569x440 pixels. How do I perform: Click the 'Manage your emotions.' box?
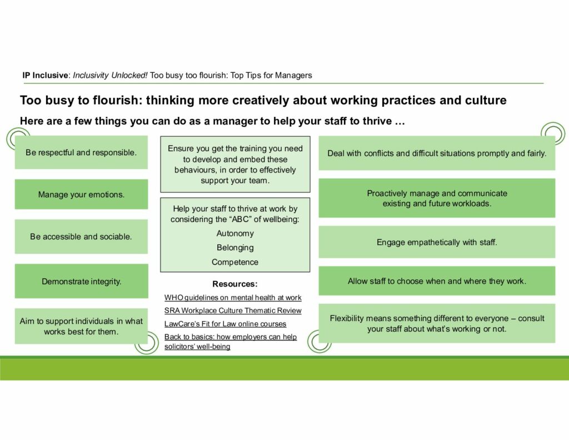pos(81,194)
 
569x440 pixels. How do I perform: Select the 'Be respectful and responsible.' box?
pos(81,152)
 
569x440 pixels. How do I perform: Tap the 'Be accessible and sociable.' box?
pos(81,236)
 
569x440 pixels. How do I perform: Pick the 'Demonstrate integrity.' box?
pos(81,281)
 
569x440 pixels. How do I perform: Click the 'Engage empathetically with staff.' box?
pos(437,242)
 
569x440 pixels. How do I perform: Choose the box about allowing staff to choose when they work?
pos(437,281)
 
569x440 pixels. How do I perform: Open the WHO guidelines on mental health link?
pos(233,298)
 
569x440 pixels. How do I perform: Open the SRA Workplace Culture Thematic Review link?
pos(233,310)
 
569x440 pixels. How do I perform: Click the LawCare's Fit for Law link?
pos(225,324)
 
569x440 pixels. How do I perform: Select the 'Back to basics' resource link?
pos(231,342)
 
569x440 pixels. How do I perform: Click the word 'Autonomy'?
pos(235,233)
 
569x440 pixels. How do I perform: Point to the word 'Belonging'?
pos(235,248)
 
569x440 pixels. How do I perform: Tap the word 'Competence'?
pos(235,262)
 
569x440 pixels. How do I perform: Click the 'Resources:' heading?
pos(235,284)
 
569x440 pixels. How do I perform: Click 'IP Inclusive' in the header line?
pos(45,75)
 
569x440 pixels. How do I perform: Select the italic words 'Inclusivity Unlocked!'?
pos(110,75)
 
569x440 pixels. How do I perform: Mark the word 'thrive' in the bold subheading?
pos(377,121)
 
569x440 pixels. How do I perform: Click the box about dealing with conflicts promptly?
pos(437,153)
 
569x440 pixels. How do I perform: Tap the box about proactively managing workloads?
pos(437,198)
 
